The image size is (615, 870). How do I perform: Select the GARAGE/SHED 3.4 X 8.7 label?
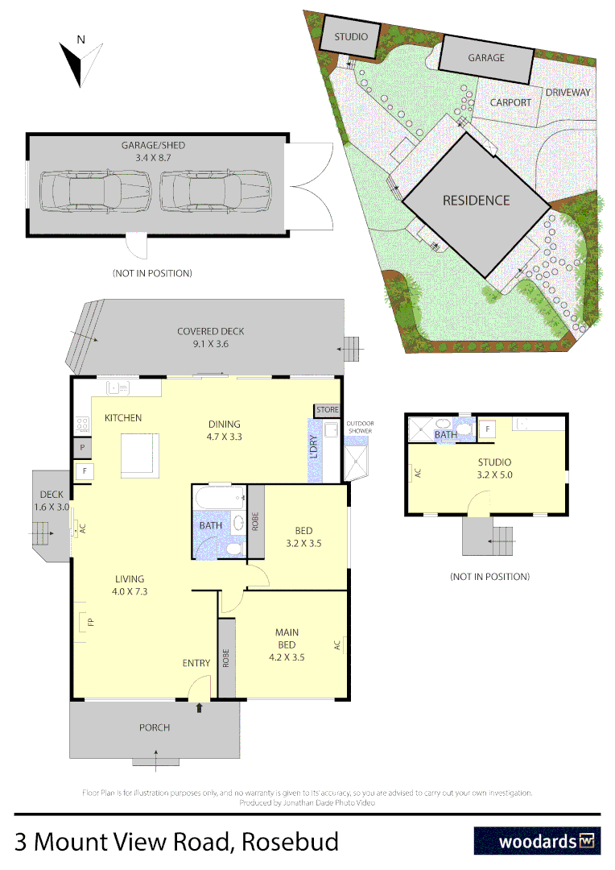153,151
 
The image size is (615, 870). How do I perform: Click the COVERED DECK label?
211,338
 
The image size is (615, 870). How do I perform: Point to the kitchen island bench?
139,453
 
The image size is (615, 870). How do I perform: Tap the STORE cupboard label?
328,410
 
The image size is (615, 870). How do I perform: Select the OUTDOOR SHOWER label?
360,427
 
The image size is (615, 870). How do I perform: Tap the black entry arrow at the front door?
200,708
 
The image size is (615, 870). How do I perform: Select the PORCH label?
155,727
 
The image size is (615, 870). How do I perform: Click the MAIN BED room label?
287,639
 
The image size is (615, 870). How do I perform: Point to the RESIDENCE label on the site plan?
476,200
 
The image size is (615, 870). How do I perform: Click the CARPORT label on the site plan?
510,102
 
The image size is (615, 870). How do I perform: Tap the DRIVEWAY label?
568,93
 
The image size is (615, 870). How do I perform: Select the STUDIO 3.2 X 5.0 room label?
494,468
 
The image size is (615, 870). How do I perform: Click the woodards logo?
537,842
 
